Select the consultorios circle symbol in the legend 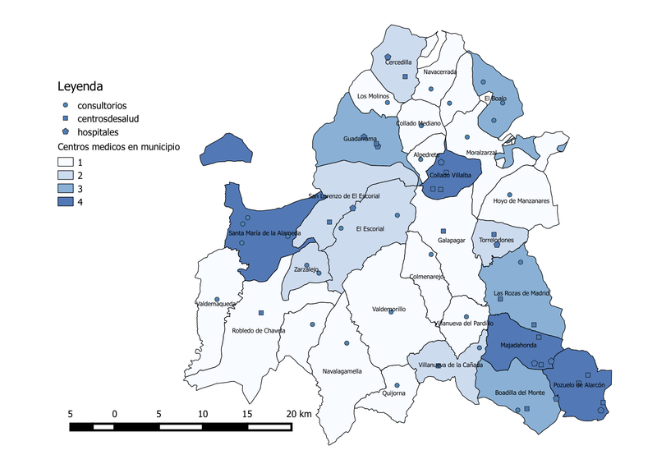tap(65, 106)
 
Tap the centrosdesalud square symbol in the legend tap(65, 118)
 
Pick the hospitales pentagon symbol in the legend tap(65, 131)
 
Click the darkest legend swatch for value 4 tap(65, 202)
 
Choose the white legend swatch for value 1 tap(65, 163)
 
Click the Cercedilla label tap(398, 62)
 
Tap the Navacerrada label tap(440, 72)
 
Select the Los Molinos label tap(374, 96)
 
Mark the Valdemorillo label tap(389, 309)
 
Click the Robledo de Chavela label tap(259, 331)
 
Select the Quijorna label tap(394, 393)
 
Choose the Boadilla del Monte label tap(520, 393)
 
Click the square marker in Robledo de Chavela tap(260, 313)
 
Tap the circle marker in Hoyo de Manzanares tap(510, 195)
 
